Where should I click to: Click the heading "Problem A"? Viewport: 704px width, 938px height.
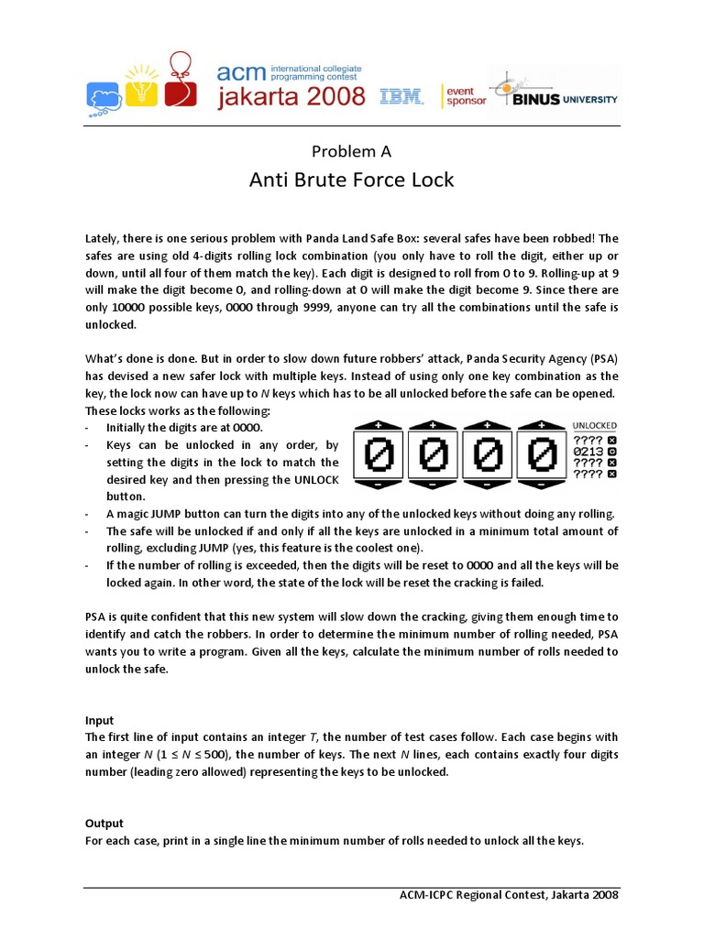(352, 151)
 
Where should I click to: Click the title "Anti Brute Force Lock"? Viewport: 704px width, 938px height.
(352, 180)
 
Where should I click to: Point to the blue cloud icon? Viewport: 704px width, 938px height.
(104, 95)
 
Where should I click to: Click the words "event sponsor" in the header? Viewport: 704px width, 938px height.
(467, 95)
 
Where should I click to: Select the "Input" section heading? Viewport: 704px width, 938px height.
(101, 721)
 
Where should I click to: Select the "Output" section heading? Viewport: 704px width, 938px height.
(104, 823)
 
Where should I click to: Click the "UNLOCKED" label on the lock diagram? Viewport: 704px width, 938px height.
(595, 425)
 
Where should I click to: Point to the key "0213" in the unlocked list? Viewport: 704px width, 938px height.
(588, 451)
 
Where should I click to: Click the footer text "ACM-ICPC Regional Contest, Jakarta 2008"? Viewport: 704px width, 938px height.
(509, 894)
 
